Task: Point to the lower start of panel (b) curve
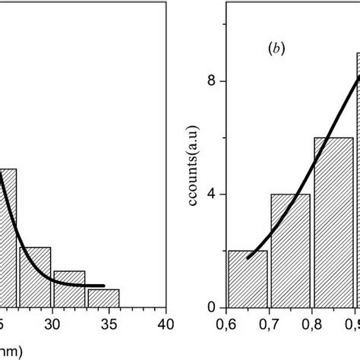248,257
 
